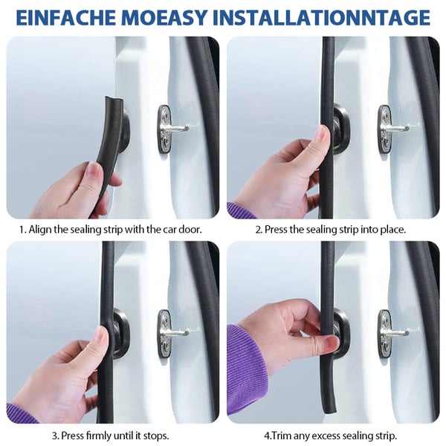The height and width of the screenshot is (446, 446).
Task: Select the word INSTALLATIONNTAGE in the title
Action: click(321, 17)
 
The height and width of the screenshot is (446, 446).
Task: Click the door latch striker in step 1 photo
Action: click(172, 129)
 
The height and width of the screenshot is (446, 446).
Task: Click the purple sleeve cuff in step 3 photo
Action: click(18, 413)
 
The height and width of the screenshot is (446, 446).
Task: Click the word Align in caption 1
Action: click(40, 229)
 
